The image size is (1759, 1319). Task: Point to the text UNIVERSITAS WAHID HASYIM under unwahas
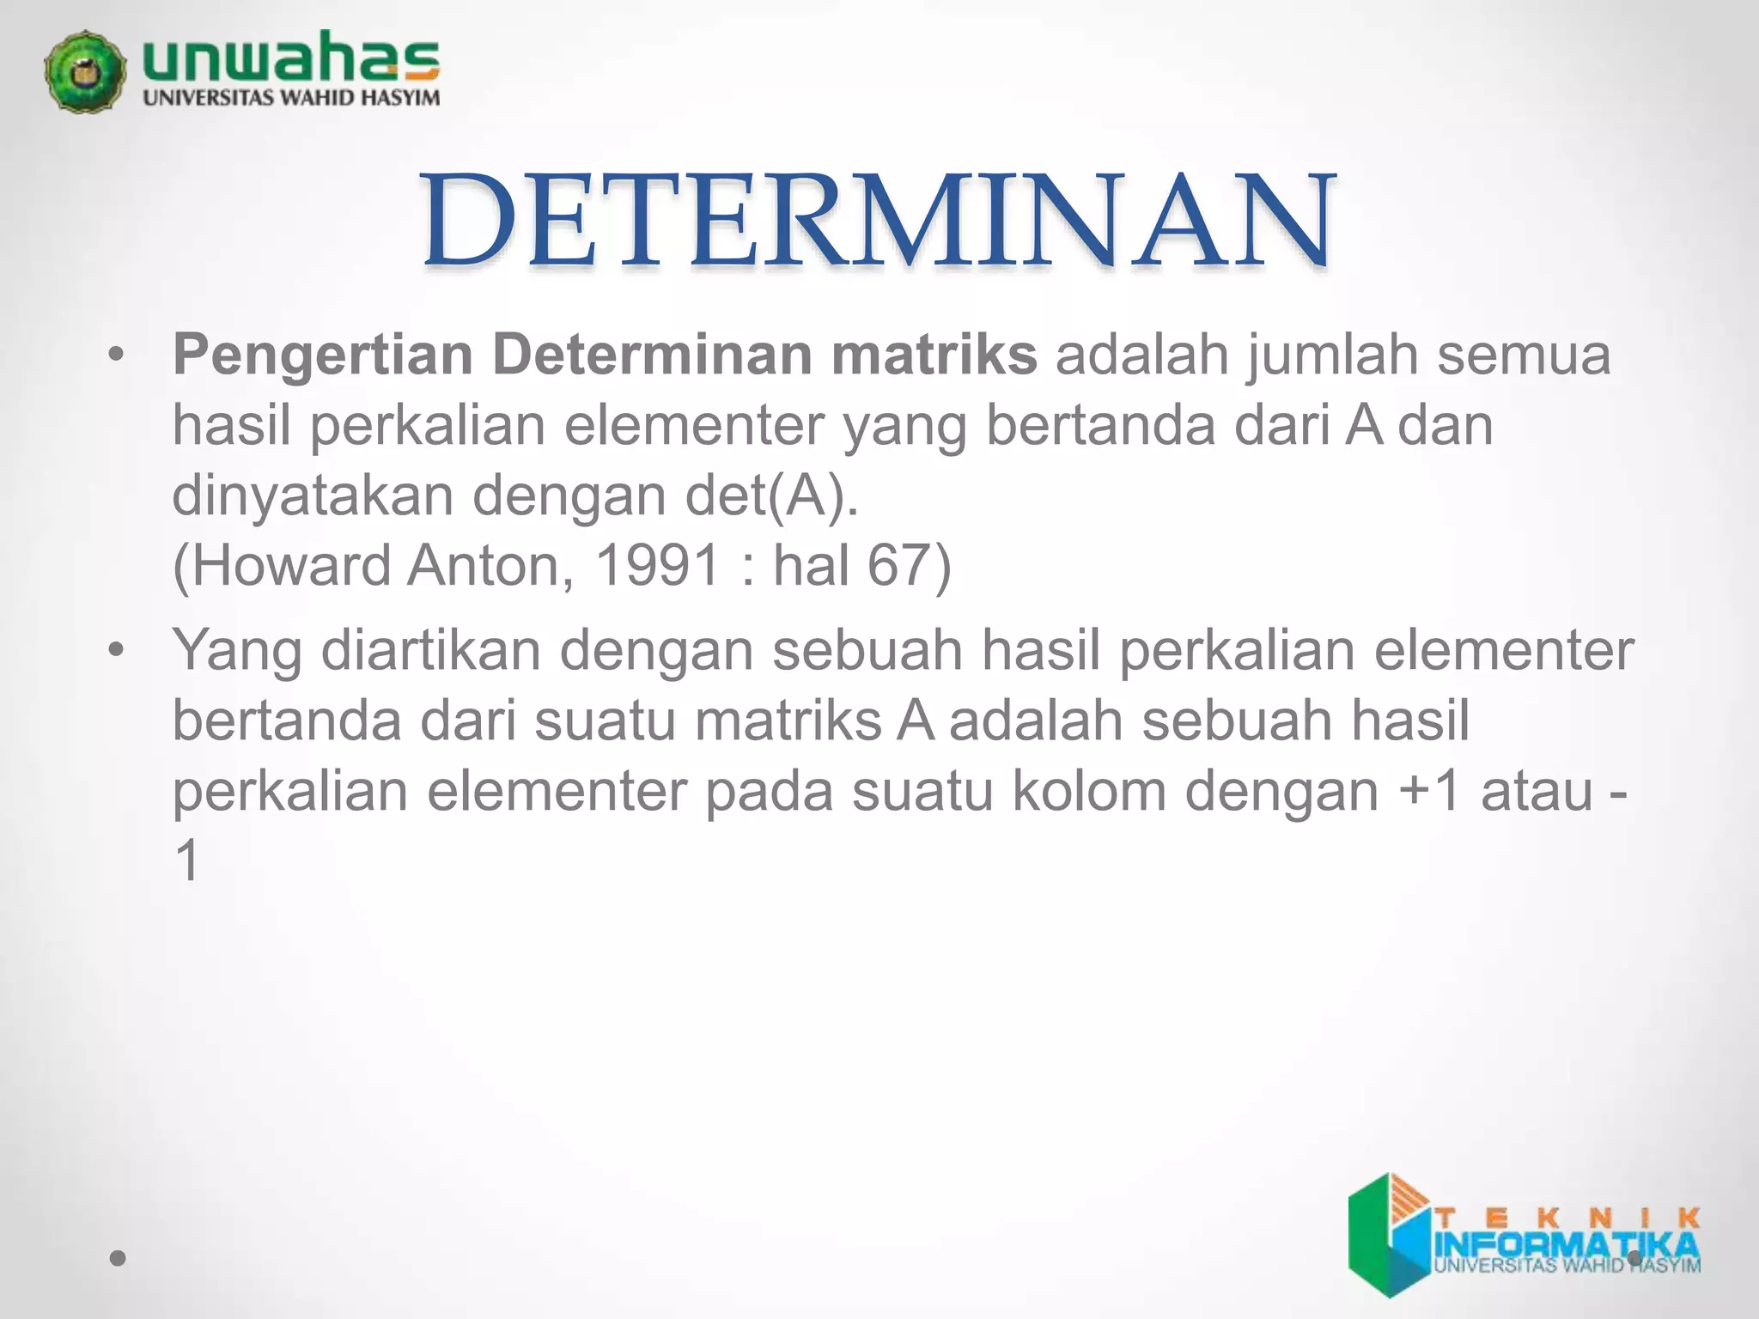tap(290, 98)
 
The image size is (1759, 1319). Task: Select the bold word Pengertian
tap(323, 355)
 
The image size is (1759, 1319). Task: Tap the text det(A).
tap(771, 495)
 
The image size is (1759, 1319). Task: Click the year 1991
tap(657, 566)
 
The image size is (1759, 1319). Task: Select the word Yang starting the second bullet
tap(237, 650)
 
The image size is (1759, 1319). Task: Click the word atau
tap(1537, 791)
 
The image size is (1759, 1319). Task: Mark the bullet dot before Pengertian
tap(117, 356)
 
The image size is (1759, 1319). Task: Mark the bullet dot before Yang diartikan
tap(117, 650)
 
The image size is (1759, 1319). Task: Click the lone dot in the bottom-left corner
tap(118, 1259)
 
